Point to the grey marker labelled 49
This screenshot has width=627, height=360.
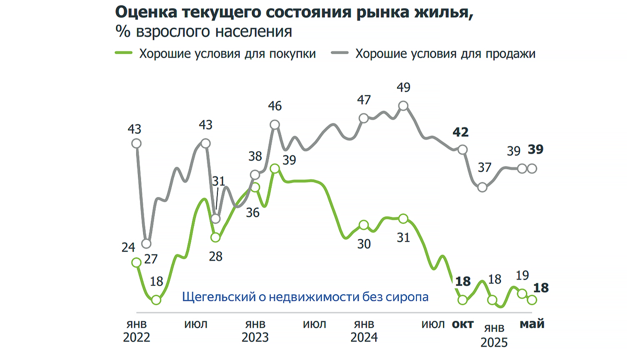403,106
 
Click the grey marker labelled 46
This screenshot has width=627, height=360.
275,124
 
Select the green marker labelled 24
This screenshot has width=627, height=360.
136,262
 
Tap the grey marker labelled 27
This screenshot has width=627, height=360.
146,243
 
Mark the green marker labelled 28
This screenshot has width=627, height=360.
215,238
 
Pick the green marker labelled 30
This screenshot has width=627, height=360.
364,226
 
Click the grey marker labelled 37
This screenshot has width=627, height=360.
483,187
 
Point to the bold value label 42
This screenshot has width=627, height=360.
460,132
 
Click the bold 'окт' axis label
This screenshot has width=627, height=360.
462,324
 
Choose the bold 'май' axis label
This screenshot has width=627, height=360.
532,324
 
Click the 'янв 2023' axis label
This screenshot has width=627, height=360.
255,330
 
